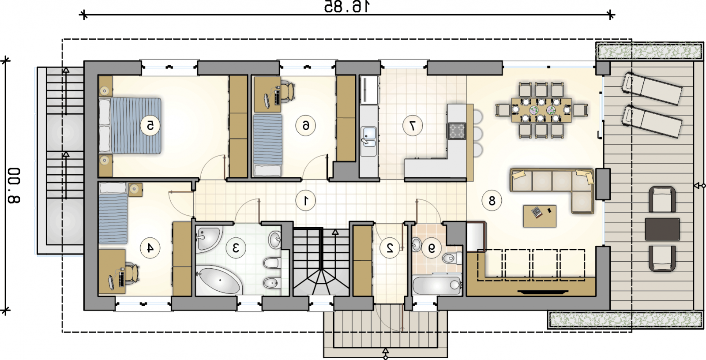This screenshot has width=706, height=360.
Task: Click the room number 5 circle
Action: (150, 126)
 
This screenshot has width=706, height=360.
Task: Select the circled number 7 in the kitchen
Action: (413, 126)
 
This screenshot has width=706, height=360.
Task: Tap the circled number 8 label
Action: (492, 200)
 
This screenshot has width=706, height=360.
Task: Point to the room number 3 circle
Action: (236, 248)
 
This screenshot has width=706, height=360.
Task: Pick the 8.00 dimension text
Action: (14, 186)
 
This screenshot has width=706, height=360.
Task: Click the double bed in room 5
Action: (130, 126)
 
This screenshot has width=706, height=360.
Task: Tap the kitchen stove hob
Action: (457, 131)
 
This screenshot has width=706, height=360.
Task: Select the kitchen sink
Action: (368, 136)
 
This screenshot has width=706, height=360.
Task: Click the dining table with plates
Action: (541, 110)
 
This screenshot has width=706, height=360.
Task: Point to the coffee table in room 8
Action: (540, 216)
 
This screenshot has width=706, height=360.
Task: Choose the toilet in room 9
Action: (452, 258)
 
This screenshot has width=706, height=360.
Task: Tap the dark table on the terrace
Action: (662, 229)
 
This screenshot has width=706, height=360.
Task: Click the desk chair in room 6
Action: (288, 91)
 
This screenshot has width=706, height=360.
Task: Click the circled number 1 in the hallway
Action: (306, 200)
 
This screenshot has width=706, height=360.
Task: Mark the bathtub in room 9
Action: (437, 285)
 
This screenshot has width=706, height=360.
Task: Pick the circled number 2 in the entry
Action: (390, 248)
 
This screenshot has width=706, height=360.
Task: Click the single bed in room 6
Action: (267, 145)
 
